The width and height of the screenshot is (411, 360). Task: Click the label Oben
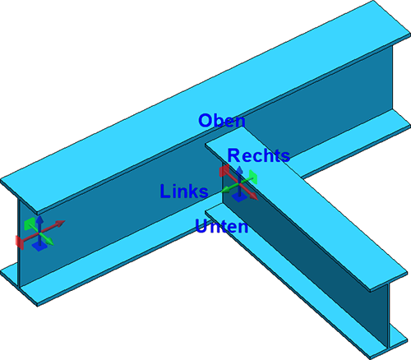pyautogui.click(x=222, y=121)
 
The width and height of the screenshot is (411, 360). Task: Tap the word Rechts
pyautogui.click(x=259, y=155)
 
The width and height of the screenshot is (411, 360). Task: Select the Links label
pyautogui.click(x=184, y=191)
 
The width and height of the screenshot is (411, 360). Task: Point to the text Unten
pyautogui.click(x=222, y=227)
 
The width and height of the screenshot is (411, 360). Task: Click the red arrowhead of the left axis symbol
pyautogui.click(x=61, y=223)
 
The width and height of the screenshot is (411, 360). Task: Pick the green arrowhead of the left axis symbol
pyautogui.click(x=49, y=242)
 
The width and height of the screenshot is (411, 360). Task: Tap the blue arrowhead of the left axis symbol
pyautogui.click(x=40, y=219)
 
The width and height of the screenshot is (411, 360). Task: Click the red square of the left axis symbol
pyautogui.click(x=20, y=242)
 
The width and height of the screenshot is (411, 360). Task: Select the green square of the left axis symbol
pyautogui.click(x=30, y=224)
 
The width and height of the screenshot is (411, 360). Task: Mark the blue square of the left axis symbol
pyautogui.click(x=39, y=247)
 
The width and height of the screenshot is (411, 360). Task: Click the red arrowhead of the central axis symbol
pyautogui.click(x=253, y=196)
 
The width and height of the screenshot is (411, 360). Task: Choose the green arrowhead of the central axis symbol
pyautogui.click(x=226, y=190)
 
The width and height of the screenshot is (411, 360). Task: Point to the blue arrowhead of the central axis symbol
pyautogui.click(x=240, y=169)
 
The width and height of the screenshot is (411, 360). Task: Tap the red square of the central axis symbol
pyautogui.click(x=224, y=171)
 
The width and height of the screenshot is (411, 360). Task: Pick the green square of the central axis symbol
pyautogui.click(x=253, y=178)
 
